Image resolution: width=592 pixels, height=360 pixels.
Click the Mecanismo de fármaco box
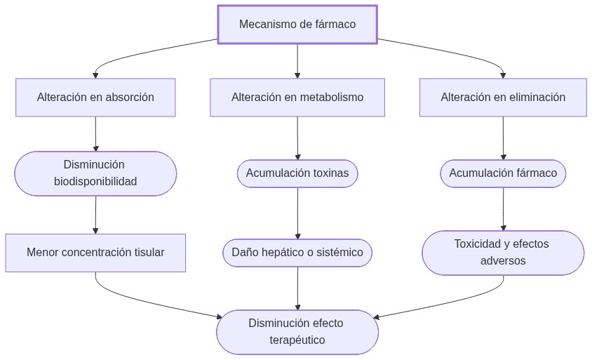[297, 25]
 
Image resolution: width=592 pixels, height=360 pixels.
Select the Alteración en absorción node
[95, 98]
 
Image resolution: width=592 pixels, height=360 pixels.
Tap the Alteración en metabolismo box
[297, 98]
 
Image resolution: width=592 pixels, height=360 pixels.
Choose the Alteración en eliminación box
[503, 98]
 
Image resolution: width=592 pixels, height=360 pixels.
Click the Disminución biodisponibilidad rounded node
[95, 173]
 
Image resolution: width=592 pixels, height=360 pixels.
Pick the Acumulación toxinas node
[297, 173]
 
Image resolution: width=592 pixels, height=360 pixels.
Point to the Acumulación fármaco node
[503, 173]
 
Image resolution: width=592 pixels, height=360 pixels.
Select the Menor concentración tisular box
[95, 253]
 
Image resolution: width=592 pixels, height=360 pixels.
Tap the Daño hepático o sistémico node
[297, 253]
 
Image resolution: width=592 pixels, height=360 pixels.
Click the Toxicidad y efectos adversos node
[503, 253]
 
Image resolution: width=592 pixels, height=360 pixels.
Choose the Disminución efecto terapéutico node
[297, 332]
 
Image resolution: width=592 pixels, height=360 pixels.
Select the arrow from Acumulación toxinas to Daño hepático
[297, 213]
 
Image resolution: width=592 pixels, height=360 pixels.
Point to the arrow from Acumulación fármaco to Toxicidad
[503, 208]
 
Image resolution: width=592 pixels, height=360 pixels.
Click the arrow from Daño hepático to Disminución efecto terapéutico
[297, 288]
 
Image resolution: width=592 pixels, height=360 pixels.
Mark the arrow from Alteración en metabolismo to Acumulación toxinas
[297, 138]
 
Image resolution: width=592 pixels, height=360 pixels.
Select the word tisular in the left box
[149, 253]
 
